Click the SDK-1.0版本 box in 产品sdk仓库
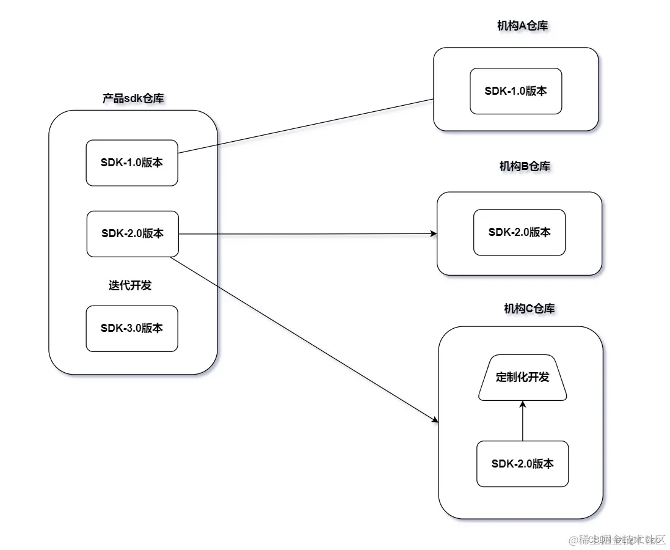point(132,163)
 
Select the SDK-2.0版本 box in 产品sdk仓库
point(133,233)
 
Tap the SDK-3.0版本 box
point(132,328)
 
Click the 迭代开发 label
point(130,285)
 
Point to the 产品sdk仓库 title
point(133,98)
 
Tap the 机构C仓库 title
point(529,309)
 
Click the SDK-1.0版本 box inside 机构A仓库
point(515,91)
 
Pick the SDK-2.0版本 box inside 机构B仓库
point(519,232)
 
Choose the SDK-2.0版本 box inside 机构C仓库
point(522,464)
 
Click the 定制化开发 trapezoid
point(522,378)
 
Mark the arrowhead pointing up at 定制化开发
point(523,405)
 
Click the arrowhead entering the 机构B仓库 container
point(434,233)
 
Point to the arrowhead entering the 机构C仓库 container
point(435,420)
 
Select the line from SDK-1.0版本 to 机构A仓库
point(305,126)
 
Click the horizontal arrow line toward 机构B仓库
point(305,233)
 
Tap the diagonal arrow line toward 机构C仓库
point(305,339)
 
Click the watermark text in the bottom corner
point(616,540)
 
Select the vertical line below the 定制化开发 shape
point(523,425)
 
